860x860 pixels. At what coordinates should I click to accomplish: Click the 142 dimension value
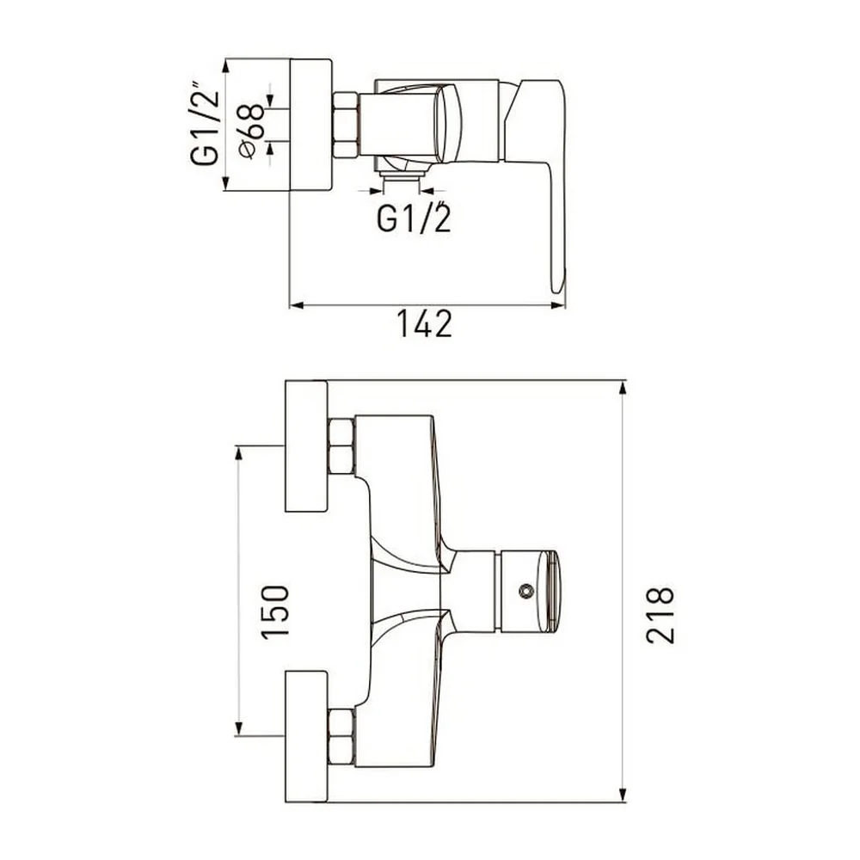point(424,323)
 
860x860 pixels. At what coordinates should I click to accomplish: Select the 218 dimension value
point(660,615)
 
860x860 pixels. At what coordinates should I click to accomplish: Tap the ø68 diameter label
point(252,131)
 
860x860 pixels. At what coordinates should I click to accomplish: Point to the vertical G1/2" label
point(206,125)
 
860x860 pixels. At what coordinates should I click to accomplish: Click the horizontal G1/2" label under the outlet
point(415,218)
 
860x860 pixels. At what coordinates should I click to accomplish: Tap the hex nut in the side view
point(346,125)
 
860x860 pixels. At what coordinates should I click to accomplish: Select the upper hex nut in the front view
point(341,445)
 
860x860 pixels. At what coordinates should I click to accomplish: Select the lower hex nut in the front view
point(341,737)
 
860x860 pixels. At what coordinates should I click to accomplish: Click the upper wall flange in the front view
point(306,445)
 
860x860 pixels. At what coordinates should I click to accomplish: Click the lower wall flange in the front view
point(306,737)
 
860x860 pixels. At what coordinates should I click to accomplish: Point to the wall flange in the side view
point(310,125)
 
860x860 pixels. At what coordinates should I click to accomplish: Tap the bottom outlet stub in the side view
point(402,175)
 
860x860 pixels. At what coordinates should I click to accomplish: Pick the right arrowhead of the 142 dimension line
point(558,305)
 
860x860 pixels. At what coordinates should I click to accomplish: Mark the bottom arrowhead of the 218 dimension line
point(623,795)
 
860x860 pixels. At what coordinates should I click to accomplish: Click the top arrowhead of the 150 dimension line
point(238,453)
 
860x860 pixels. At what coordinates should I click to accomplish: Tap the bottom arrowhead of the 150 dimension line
point(238,728)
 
